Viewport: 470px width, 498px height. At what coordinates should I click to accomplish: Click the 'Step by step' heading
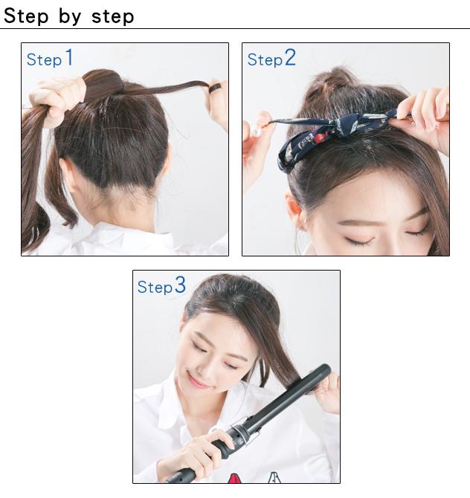point(69,16)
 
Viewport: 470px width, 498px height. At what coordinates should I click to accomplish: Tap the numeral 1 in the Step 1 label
point(69,58)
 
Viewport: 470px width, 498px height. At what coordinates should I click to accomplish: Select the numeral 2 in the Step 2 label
point(289,58)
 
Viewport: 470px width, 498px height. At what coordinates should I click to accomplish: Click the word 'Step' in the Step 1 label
point(44,59)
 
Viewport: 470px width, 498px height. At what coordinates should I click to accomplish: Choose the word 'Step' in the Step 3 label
point(155,288)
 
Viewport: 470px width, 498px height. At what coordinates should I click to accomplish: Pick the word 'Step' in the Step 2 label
point(265,59)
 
